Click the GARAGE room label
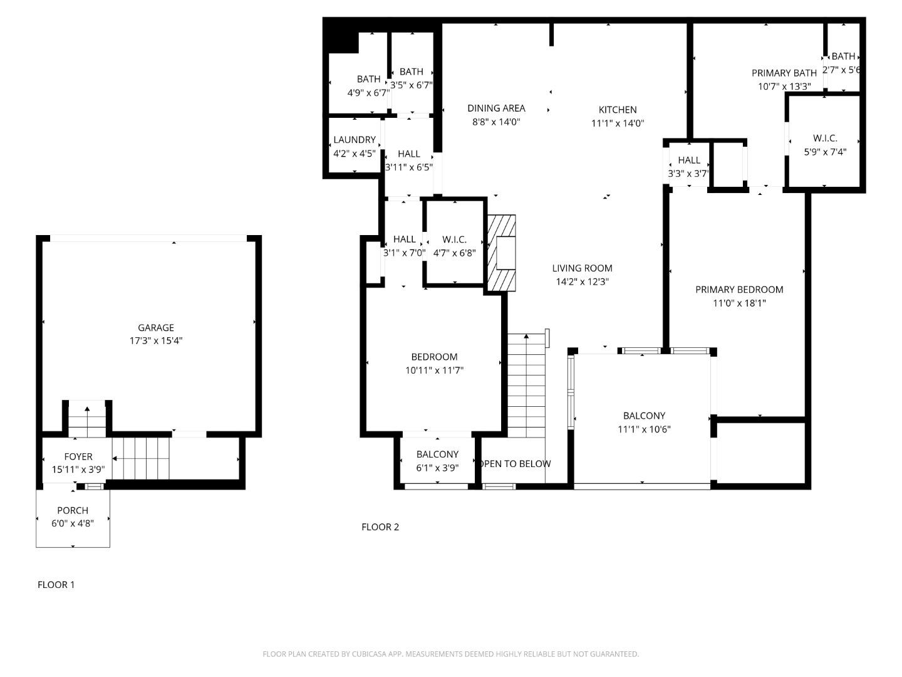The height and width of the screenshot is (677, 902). coord(156,328)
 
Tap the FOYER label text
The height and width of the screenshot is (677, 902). coord(78,457)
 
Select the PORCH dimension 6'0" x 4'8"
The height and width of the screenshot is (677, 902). coord(73,523)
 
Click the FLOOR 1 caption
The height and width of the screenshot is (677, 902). coord(56,585)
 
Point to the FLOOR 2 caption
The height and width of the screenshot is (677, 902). coord(380,527)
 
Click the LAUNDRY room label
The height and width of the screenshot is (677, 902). coord(355,140)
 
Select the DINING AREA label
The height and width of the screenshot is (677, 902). coord(496,108)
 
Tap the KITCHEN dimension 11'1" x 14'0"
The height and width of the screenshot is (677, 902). coord(618,123)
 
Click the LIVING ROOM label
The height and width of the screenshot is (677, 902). coord(582,268)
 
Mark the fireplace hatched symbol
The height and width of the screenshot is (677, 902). coord(502,253)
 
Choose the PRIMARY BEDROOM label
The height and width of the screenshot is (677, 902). coord(739,290)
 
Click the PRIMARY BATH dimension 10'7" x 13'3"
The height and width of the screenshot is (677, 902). coord(784,87)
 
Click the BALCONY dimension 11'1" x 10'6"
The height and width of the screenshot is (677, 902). coord(644,429)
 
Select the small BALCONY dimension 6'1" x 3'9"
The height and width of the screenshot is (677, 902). coord(437,468)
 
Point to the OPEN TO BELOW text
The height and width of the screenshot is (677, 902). coord(515,464)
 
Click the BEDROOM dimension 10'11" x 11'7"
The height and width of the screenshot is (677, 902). coord(434,370)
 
